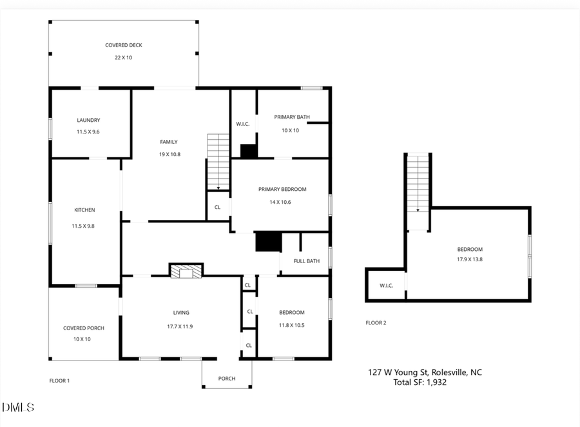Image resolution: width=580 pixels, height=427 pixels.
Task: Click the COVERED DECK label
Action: coord(124,45)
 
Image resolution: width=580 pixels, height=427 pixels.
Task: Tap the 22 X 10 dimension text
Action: coord(124,57)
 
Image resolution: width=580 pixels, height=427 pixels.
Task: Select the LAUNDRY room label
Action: coord(88,120)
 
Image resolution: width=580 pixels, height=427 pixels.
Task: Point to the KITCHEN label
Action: coord(84,210)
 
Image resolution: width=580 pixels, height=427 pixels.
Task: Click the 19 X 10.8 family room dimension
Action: coord(169,154)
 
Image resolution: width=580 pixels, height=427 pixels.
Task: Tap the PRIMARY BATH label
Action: coord(292,117)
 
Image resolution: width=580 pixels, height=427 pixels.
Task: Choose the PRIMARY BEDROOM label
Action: coord(282,189)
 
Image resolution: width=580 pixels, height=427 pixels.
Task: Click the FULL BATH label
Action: coord(307,261)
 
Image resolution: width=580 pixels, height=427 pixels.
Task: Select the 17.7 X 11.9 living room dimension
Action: coord(180,326)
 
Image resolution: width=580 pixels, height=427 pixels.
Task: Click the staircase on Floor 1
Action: coord(218,161)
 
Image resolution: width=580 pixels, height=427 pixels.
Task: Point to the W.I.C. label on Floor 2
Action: coord(386,285)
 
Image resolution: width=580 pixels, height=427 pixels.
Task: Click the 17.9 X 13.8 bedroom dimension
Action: coord(470,260)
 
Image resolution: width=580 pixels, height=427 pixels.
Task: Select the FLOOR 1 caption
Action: coord(59,381)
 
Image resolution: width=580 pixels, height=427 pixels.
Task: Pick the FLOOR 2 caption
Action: coord(376,323)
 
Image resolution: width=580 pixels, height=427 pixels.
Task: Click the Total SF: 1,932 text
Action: coord(420,382)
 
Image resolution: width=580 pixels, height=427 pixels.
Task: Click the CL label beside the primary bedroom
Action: coord(218,207)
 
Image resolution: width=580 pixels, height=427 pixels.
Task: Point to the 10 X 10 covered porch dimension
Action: coord(82,338)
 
